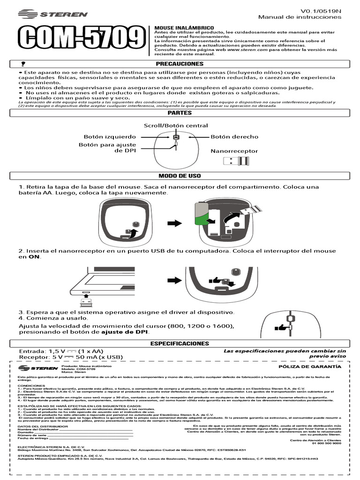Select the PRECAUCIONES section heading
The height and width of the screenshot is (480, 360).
tap(180, 63)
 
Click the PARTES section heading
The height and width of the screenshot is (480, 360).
tap(180, 113)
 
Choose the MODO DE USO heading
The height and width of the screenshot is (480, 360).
tap(180, 176)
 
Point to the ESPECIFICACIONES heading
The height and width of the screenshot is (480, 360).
tap(180, 344)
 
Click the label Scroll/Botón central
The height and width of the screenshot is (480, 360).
tap(176, 126)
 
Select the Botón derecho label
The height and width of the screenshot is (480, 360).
tap(234, 136)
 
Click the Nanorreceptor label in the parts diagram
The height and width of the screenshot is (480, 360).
tap(234, 151)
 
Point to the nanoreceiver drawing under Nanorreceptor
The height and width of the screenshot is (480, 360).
tap(235, 162)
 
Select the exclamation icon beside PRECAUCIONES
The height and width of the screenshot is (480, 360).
tap(22, 63)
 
